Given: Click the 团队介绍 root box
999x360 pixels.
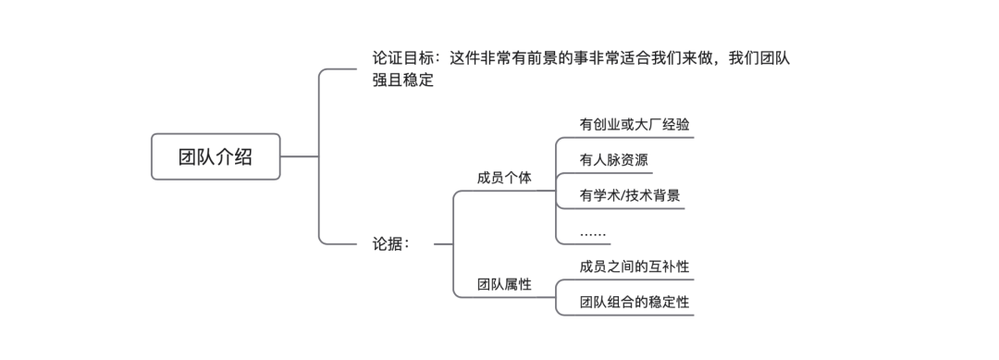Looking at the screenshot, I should click(216, 156).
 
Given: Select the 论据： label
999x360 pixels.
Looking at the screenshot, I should click(385, 244).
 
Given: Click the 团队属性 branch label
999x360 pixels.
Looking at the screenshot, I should click(504, 284).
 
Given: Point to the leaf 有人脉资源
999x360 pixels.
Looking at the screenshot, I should click(613, 160).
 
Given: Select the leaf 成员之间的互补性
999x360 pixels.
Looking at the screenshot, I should click(634, 267).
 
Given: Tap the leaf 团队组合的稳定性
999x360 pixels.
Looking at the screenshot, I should click(634, 302).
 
